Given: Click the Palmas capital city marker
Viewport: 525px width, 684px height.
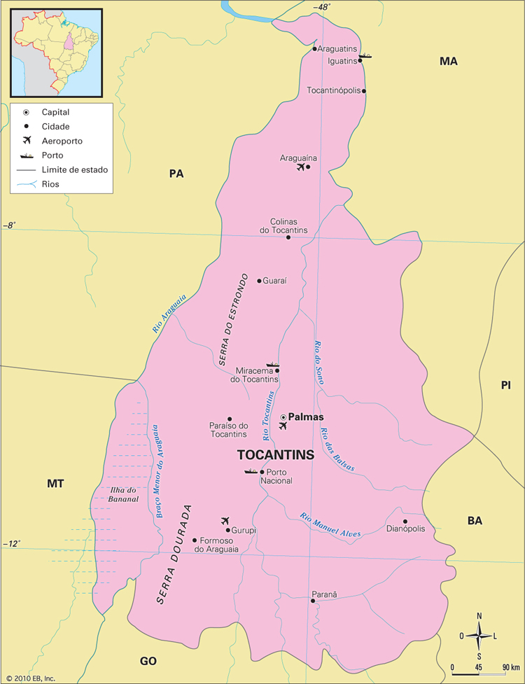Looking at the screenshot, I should (x=283, y=417).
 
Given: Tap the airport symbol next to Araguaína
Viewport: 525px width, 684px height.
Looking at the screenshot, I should (x=301, y=167).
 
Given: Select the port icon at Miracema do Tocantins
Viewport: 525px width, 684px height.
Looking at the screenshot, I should (x=272, y=365).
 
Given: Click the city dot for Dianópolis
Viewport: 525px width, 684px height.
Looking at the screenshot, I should (x=405, y=521).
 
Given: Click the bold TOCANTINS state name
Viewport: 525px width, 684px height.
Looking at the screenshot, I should (x=276, y=455).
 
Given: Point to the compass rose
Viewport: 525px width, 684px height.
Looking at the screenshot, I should (x=479, y=636).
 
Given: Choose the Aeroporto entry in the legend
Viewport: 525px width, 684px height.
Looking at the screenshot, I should (x=62, y=141).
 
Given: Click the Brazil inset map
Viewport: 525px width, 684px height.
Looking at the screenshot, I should (x=55, y=53).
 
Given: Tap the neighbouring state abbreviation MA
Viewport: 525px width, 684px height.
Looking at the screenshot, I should (x=448, y=62).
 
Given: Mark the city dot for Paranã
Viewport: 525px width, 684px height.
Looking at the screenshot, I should (x=313, y=601).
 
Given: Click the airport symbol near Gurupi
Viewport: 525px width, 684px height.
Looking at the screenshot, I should (x=225, y=520).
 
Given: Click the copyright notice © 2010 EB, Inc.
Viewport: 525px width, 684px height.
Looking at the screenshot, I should (x=29, y=678).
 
